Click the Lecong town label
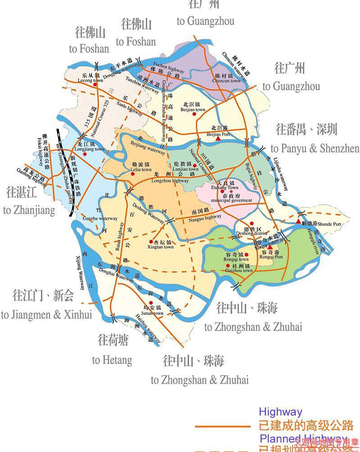coord(87,81)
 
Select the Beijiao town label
coord(192,109)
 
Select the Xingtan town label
coord(162,247)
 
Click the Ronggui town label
coord(237,259)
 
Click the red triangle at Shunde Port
coord(298,221)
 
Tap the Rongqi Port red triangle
coord(270,247)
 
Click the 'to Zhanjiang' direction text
coord(29,210)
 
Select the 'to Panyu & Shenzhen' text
coord(315,149)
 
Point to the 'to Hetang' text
coord(112,360)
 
